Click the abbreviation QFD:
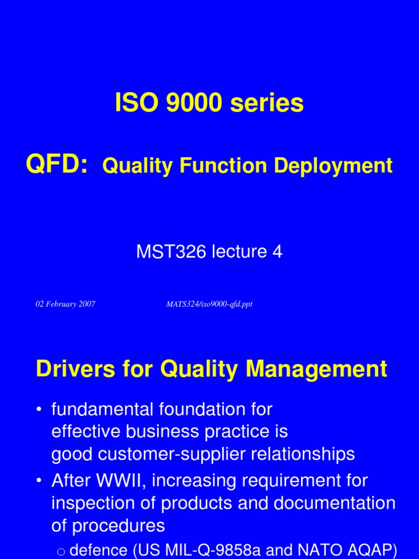pyautogui.click(x=57, y=164)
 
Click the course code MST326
pyautogui.click(x=169, y=252)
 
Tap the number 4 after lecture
pyautogui.click(x=277, y=252)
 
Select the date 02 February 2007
pyautogui.click(x=65, y=304)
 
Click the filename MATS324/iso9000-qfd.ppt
pyautogui.click(x=209, y=304)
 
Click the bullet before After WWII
pyautogui.click(x=40, y=481)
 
